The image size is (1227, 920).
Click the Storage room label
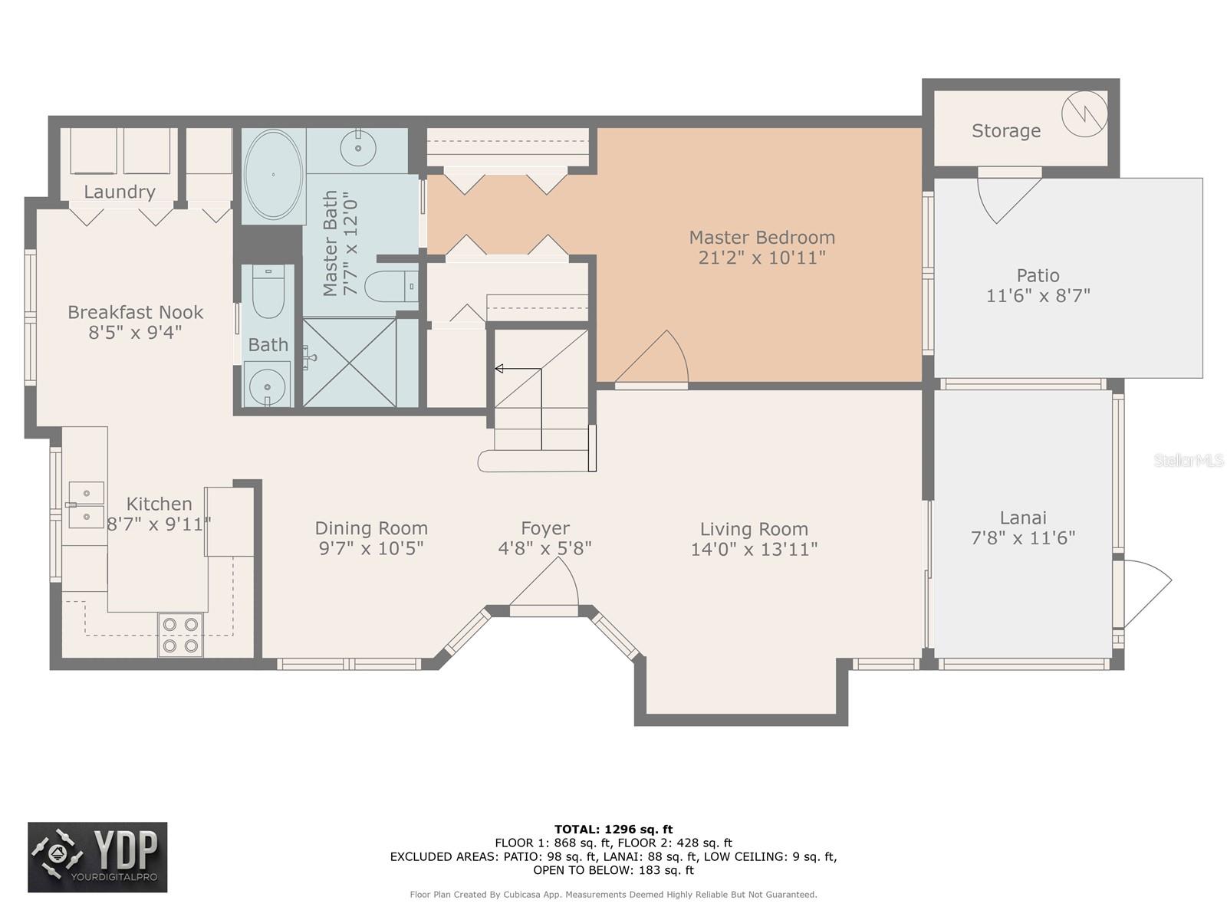(x=1005, y=130)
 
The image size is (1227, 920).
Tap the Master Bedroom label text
(x=762, y=238)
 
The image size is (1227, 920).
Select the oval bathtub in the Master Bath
(x=273, y=175)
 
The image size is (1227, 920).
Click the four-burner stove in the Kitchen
(x=180, y=635)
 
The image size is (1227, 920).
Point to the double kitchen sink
(x=86, y=505)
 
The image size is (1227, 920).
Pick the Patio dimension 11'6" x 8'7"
(x=1038, y=295)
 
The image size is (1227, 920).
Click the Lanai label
(x=1023, y=517)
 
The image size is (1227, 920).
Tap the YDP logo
(x=97, y=856)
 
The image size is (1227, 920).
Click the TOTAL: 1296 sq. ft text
(x=613, y=830)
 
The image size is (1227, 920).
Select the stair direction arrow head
(x=499, y=369)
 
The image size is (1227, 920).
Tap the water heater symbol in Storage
(x=1084, y=114)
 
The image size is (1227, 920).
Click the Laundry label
(x=120, y=192)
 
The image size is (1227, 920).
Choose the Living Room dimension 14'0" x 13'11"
(x=754, y=550)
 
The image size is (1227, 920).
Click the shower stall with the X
(x=350, y=363)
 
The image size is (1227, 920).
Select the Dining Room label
(x=371, y=528)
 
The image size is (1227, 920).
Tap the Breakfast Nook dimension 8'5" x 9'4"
(x=135, y=333)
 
